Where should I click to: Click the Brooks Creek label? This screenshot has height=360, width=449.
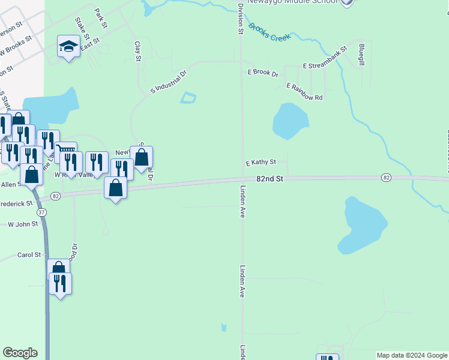269,32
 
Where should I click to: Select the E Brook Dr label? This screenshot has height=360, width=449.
263,73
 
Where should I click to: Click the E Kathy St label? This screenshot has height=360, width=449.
261,162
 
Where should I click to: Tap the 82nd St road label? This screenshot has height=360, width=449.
269,179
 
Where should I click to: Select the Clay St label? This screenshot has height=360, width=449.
137,51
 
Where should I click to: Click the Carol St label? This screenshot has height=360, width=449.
29,254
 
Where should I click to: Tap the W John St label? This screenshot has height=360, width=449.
23,224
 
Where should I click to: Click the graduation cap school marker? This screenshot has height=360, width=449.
68,46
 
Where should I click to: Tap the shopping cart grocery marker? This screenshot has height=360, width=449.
65,149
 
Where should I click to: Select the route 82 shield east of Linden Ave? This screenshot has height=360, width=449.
387,178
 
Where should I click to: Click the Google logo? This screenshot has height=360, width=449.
20,353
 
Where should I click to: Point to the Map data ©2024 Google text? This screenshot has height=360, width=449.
412,355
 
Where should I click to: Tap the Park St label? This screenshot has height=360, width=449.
100,18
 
